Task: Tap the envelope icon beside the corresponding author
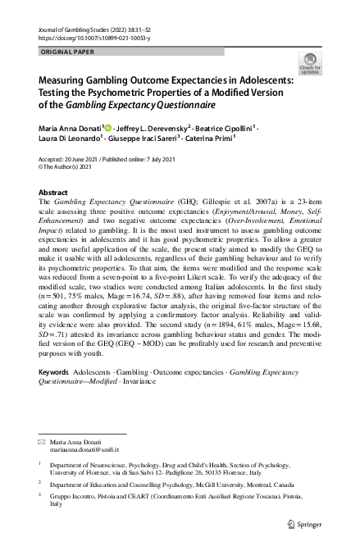43,442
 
